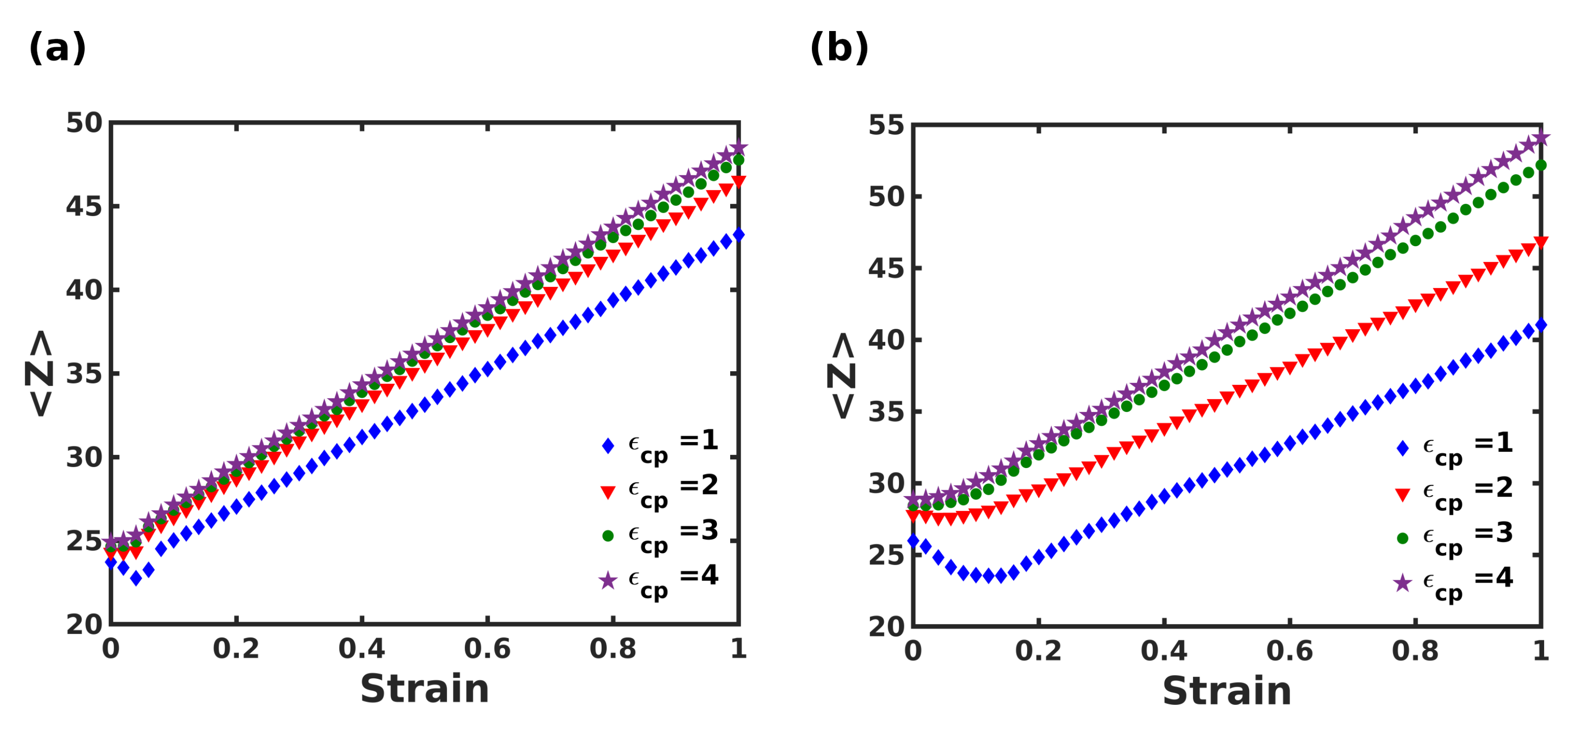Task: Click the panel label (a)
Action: click(x=57, y=48)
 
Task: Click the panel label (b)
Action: click(x=839, y=48)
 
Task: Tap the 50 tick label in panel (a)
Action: click(x=84, y=124)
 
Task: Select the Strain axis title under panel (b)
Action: click(x=1227, y=692)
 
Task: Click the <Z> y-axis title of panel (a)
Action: click(x=39, y=373)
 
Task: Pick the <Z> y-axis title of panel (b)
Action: click(x=841, y=376)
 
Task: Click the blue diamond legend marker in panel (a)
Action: click(x=608, y=446)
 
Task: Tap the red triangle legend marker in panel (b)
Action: click(x=1402, y=494)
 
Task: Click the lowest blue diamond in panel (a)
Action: click(x=135, y=578)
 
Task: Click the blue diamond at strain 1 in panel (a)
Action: click(x=739, y=235)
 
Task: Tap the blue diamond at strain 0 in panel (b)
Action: click(x=913, y=540)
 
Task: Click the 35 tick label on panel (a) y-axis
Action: click(x=84, y=374)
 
